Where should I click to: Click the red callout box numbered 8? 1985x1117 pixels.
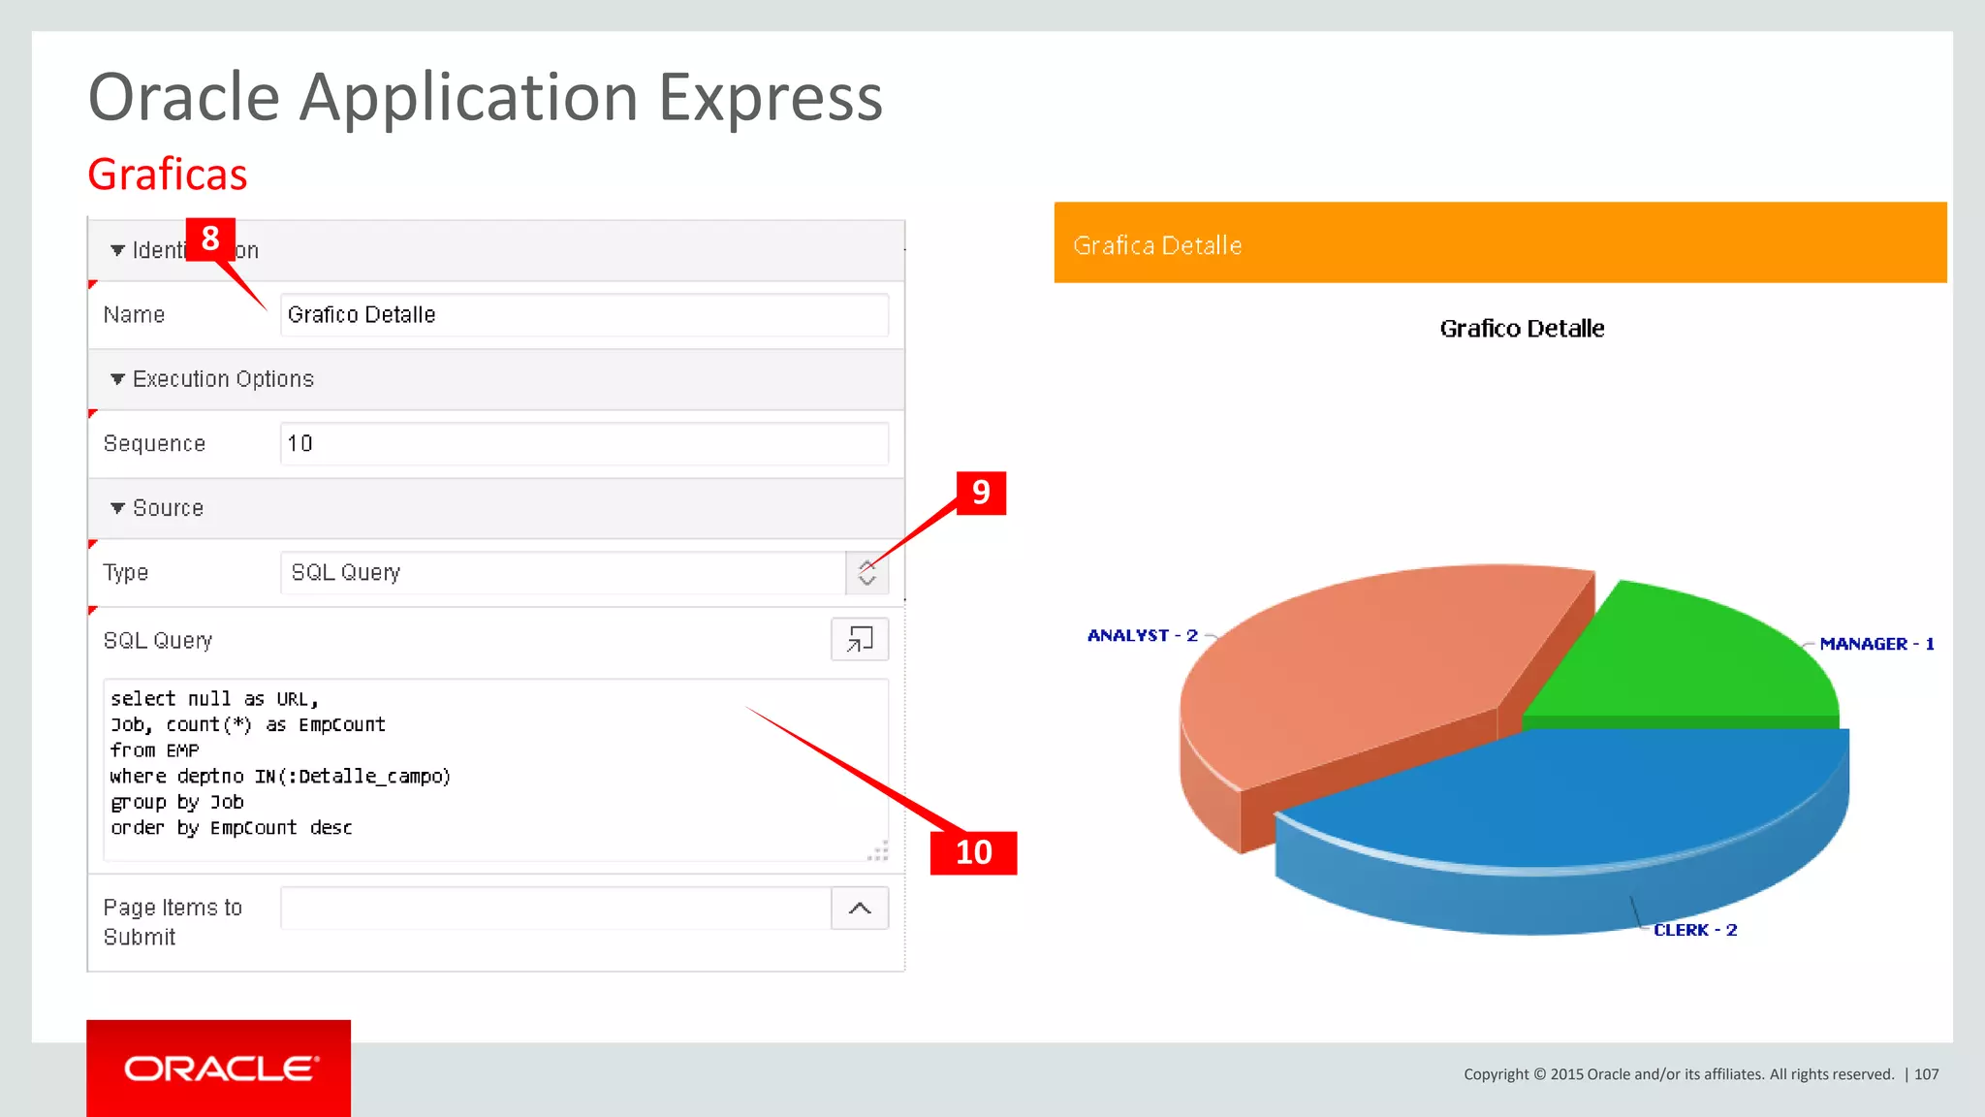[210, 239]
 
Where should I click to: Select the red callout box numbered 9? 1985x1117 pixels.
[981, 493]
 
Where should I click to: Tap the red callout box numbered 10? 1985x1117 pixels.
[973, 852]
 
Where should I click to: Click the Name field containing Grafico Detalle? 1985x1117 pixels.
[583, 315]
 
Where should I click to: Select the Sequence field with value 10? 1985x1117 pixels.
[583, 444]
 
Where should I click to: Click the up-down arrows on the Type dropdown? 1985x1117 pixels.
[866, 573]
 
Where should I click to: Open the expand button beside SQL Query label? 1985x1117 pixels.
[860, 640]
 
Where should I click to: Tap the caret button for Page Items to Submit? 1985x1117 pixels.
[860, 909]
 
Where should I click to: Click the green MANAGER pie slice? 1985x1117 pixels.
[1686, 659]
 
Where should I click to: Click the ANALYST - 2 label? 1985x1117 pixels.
[1143, 636]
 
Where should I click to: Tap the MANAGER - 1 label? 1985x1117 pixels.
[1876, 644]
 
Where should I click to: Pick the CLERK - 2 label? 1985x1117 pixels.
[1695, 930]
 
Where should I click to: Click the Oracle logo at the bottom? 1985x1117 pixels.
[219, 1069]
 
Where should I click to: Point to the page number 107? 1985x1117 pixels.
[1927, 1074]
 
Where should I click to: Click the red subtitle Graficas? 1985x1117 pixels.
[168, 176]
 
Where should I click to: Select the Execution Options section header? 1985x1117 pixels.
[223, 379]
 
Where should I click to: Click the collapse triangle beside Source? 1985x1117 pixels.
[117, 508]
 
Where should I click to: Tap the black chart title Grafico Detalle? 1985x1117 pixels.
[1522, 329]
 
